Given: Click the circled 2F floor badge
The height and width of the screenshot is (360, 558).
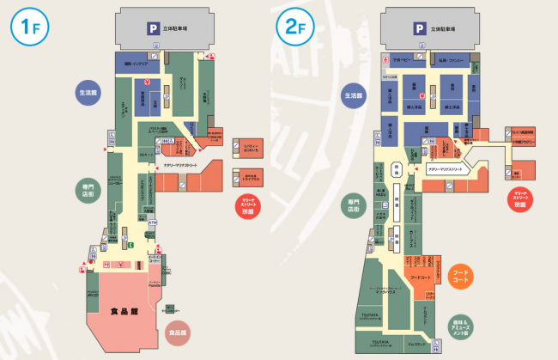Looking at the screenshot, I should [292, 27].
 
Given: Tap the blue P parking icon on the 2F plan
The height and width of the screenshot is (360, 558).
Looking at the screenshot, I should [420, 28].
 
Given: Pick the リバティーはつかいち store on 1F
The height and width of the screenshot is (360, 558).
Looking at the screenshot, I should [249, 148].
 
